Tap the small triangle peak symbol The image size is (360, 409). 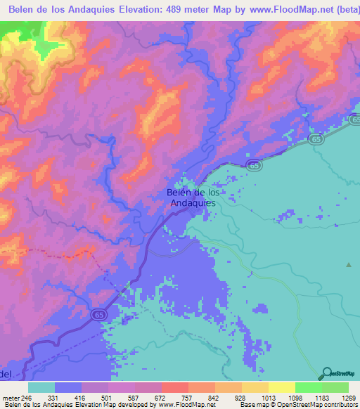click(348, 265)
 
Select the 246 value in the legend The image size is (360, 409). click(27, 398)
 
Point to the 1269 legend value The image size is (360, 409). click(338, 398)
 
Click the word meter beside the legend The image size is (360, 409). click(10, 398)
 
